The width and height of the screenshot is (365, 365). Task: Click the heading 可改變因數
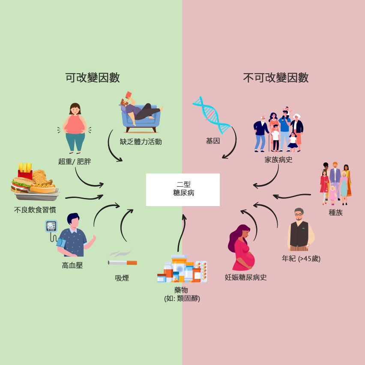pyautogui.click(x=93, y=78)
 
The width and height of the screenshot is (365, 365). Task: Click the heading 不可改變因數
pyautogui.click(x=276, y=78)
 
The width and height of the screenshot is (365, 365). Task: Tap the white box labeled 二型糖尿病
pyautogui.click(x=183, y=189)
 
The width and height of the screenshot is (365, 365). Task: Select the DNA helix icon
pyautogui.click(x=211, y=115)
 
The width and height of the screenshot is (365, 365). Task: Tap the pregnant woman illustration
pyautogui.click(x=241, y=248)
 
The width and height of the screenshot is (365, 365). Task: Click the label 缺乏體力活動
pyautogui.click(x=141, y=142)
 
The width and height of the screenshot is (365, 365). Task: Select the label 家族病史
pyautogui.click(x=278, y=160)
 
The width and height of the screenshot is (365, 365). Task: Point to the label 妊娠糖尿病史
pyautogui.click(x=245, y=277)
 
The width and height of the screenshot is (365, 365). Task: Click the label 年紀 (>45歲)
pyautogui.click(x=301, y=258)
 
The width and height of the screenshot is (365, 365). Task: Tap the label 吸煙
pyautogui.click(x=122, y=278)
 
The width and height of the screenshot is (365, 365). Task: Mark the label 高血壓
pyautogui.click(x=72, y=265)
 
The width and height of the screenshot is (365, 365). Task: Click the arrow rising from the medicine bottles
pyautogui.click(x=182, y=233)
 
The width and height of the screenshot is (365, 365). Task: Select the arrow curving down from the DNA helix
pyautogui.click(x=233, y=144)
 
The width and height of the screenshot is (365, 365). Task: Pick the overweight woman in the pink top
pyautogui.click(x=75, y=128)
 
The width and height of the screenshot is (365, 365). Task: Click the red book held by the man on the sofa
pyautogui.click(x=129, y=95)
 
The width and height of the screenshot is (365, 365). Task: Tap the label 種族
pyautogui.click(x=335, y=212)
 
